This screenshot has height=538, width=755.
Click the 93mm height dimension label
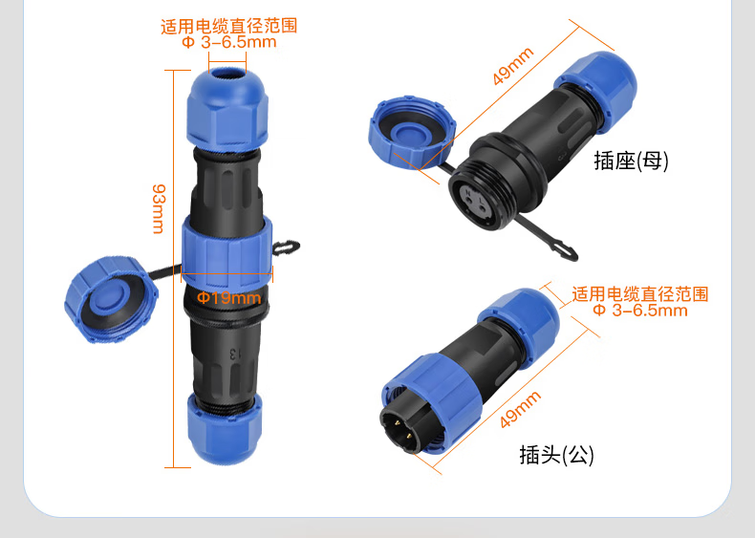pos(159,208)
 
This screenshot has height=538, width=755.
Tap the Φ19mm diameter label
pos(228,297)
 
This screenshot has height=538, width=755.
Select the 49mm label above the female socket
pos(513,66)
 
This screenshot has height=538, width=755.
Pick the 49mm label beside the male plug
pos(520,409)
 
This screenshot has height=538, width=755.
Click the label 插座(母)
pos(632,161)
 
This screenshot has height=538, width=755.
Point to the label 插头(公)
pos(556,454)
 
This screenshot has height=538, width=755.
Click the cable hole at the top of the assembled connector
pos(227,74)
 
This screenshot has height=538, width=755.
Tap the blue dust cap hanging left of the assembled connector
pos(111,299)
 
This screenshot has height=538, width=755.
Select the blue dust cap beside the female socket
pos(412,133)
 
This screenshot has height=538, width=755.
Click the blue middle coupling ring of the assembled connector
pos(226,252)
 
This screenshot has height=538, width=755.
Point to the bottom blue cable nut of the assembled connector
pos(225,429)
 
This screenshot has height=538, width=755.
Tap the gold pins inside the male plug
pos(403,428)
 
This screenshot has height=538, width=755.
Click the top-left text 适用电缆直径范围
pos(228,26)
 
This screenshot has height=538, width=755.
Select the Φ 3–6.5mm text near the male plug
pos(640,310)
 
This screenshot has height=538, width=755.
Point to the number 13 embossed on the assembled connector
pos(234,354)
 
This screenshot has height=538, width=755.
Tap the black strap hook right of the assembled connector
pos(286,247)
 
